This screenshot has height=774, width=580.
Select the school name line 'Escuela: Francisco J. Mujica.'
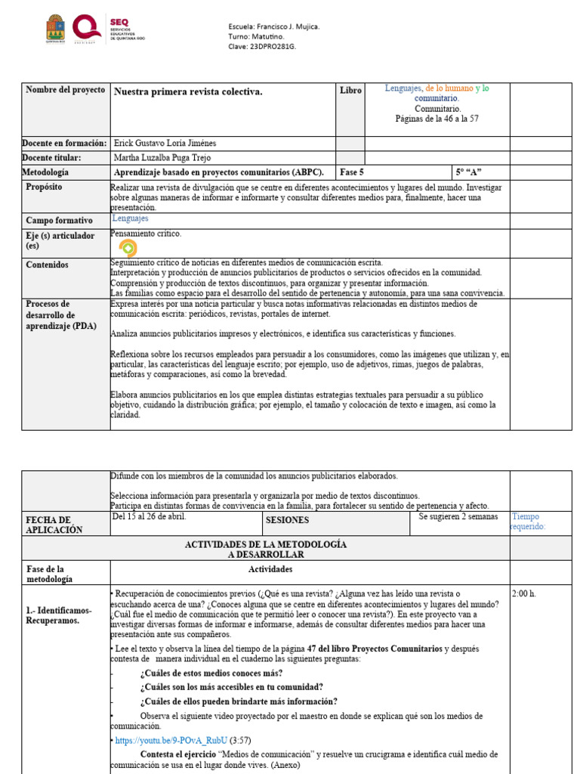(273, 26)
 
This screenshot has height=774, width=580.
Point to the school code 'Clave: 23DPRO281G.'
(262, 46)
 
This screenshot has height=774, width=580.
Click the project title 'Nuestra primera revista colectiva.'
(188, 91)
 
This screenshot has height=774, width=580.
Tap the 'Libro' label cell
(350, 91)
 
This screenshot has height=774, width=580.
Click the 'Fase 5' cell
(352, 172)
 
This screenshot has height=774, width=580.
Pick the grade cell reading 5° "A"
(469, 172)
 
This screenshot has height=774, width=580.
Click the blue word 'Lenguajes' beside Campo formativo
(131, 218)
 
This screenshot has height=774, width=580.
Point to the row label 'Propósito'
(44, 187)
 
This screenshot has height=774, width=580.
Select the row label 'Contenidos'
(47, 265)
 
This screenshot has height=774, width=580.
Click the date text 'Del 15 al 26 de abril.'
(149, 517)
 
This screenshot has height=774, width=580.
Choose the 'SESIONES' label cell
(287, 520)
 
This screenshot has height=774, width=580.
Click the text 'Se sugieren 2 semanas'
(458, 517)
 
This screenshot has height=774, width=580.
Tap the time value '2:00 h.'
(524, 593)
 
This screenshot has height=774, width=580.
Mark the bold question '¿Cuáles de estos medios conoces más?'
(211, 673)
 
